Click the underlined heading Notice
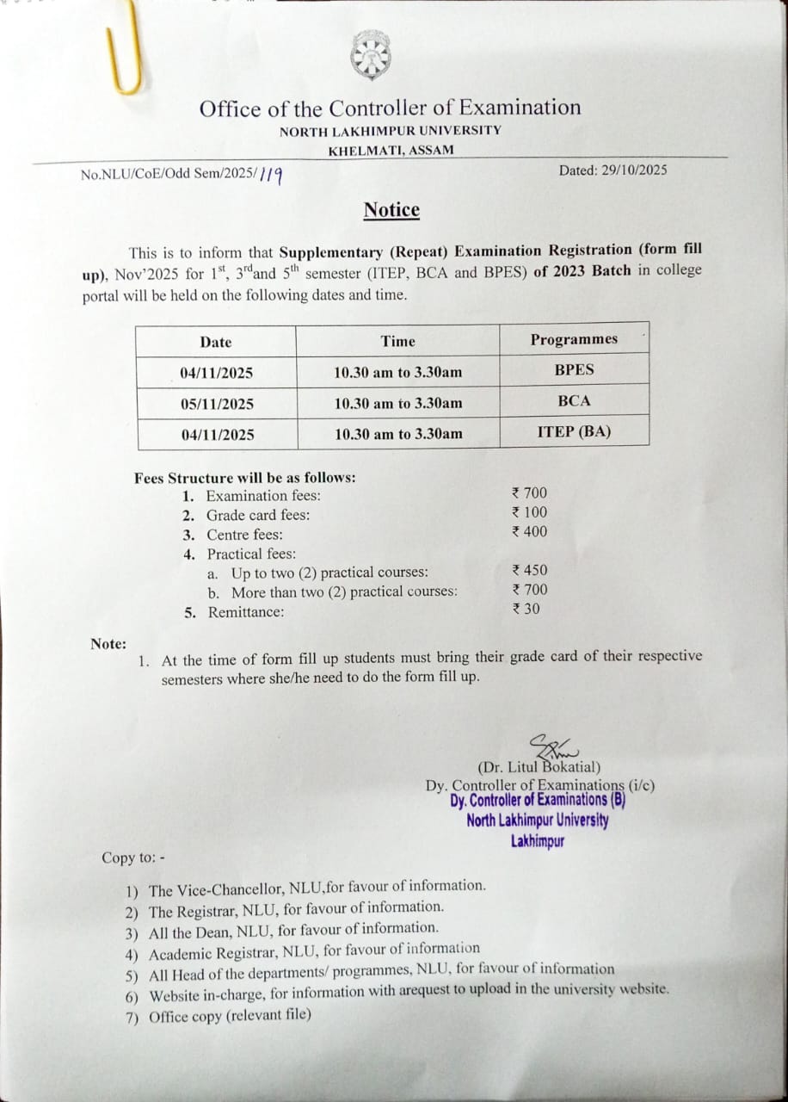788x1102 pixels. (391, 210)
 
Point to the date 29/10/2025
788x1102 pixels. (637, 170)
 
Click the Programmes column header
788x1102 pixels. (574, 339)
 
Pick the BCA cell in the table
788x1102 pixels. (574, 401)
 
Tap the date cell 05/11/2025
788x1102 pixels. (217, 404)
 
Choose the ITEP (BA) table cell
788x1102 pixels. (574, 432)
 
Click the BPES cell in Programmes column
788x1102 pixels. (574, 370)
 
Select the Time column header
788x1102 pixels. (397, 341)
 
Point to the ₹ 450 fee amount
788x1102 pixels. (529, 570)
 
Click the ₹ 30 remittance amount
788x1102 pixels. (526, 609)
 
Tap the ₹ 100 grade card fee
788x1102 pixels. (529, 512)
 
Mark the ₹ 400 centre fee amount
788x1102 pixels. (529, 532)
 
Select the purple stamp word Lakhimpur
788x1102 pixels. (538, 841)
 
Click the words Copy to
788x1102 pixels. (130, 857)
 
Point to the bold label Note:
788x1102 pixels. (108, 644)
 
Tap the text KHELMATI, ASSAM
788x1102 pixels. (391, 151)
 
